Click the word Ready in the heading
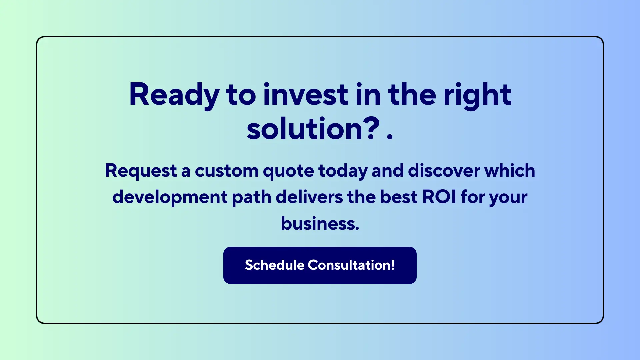174,95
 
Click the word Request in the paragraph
141,171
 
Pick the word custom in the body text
227,171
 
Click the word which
510,171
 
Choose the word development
170,197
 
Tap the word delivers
309,197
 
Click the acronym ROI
439,197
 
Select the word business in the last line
319,224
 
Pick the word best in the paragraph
399,197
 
